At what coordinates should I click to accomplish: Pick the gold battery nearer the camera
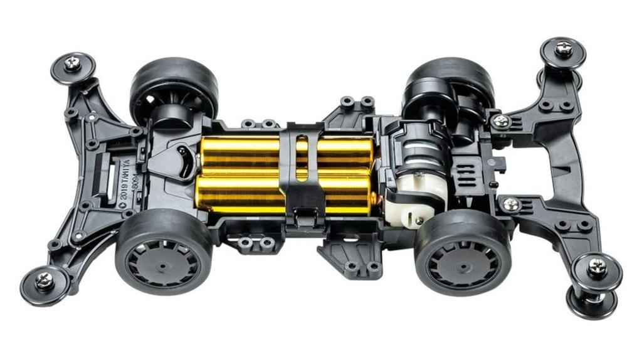(282, 193)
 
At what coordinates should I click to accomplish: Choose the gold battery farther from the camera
(282, 151)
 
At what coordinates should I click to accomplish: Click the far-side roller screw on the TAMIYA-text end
(73, 63)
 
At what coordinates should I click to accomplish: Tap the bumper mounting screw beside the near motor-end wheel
(511, 204)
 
